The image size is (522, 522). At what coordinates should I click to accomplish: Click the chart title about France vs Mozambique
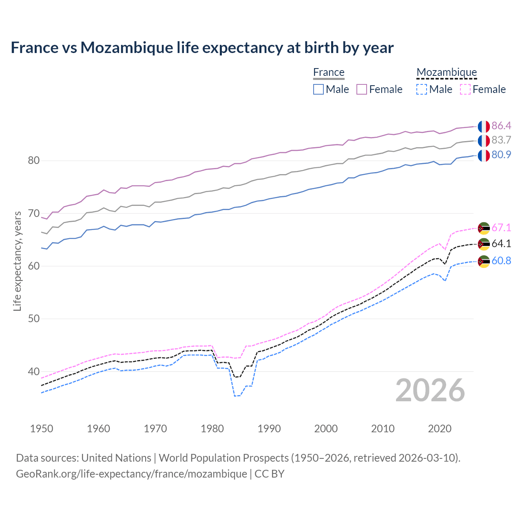[202, 48]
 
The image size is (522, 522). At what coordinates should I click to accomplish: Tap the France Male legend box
[319, 89]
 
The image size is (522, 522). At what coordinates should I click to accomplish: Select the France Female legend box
[362, 89]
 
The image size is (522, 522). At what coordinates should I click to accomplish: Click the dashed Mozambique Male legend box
[422, 89]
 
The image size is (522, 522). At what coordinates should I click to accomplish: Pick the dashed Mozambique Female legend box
[465, 89]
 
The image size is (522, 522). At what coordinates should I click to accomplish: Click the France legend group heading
[329, 72]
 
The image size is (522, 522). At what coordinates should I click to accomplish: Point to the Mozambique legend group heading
[447, 72]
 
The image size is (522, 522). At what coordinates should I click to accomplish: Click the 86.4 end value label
[501, 126]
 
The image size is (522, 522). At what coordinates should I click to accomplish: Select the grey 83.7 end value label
[501, 140]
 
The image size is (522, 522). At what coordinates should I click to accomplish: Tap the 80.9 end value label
[501, 155]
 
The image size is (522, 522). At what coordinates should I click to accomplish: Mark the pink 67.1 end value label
[501, 228]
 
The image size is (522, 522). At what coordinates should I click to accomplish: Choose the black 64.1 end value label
[501, 244]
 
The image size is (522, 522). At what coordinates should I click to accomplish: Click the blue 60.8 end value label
[501, 261]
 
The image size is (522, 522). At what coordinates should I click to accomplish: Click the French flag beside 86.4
[484, 126]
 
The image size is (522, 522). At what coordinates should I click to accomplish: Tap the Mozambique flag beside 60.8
[484, 261]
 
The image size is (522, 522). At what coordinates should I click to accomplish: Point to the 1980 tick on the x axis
[212, 429]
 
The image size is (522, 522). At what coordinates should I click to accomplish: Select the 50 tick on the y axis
[34, 319]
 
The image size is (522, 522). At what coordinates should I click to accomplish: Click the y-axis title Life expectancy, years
[17, 261]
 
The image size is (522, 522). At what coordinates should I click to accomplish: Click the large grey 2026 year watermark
[430, 390]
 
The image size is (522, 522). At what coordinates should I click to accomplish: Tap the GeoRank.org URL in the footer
[131, 474]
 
